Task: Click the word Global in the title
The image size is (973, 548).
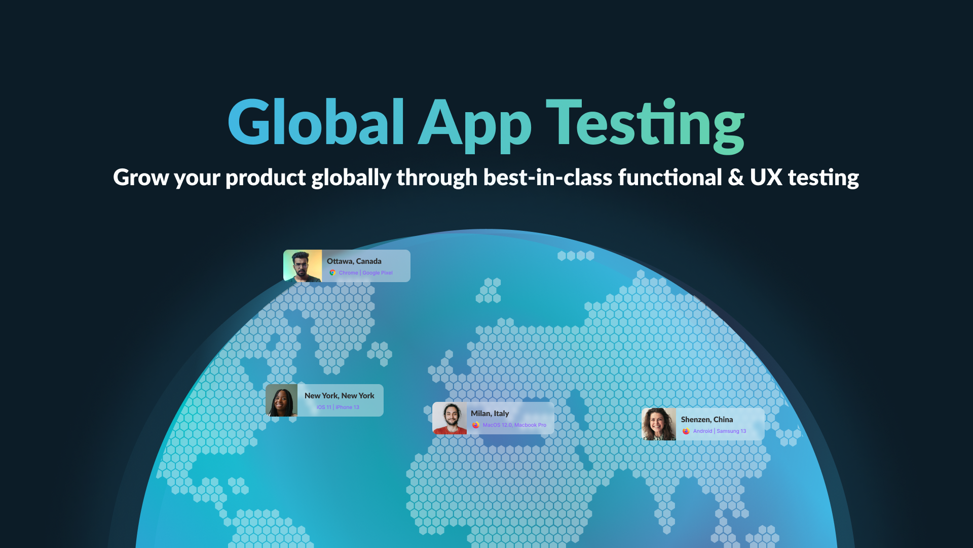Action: [x=316, y=121]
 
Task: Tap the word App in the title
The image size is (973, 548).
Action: [x=475, y=125]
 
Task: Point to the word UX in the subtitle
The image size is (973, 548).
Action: [x=766, y=178]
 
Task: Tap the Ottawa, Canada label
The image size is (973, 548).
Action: [x=354, y=261]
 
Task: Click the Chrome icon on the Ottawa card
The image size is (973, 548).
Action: [x=332, y=273]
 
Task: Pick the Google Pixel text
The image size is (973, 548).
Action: [x=378, y=273]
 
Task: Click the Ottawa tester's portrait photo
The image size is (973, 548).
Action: [x=303, y=266]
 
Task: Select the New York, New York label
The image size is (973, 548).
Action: [x=340, y=396]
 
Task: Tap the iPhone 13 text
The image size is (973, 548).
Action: [x=347, y=407]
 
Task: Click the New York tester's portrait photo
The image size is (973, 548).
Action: [x=282, y=400]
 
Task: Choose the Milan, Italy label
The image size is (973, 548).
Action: [x=490, y=414]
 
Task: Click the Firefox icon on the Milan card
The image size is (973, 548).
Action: [x=476, y=425]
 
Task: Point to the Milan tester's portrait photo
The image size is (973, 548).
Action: [x=450, y=418]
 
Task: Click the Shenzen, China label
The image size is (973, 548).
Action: [x=707, y=420]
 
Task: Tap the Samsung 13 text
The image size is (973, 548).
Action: [x=731, y=431]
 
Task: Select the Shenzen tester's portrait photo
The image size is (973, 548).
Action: [x=659, y=424]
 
